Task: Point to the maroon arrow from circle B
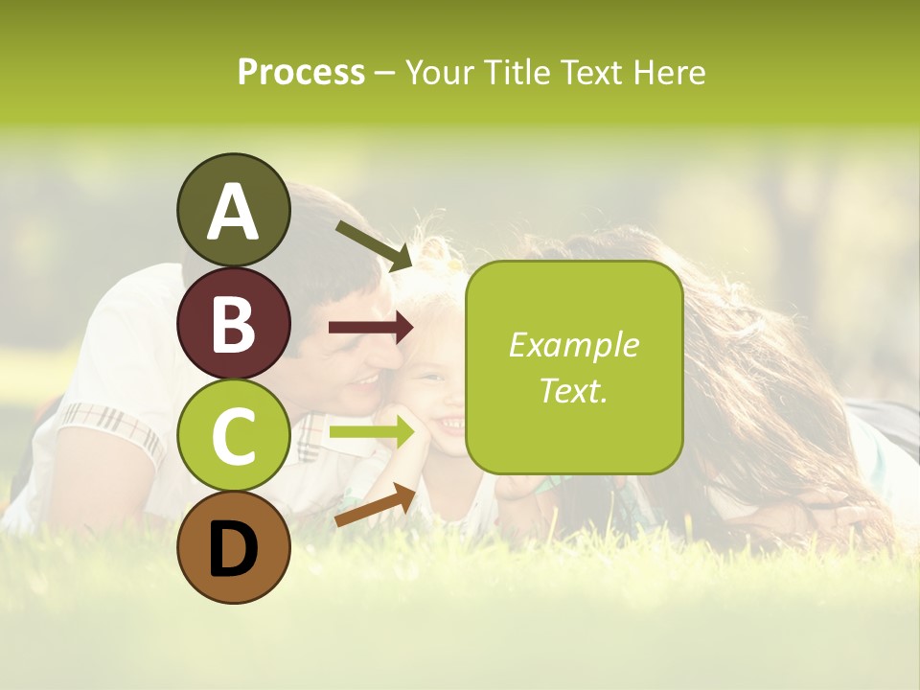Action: [371, 328]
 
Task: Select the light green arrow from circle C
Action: [371, 433]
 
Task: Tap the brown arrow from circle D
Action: [375, 505]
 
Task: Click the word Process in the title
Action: [301, 73]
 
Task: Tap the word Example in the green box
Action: [573, 346]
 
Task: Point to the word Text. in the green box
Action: [573, 390]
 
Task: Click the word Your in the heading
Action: [439, 73]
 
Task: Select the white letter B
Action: [233, 325]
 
